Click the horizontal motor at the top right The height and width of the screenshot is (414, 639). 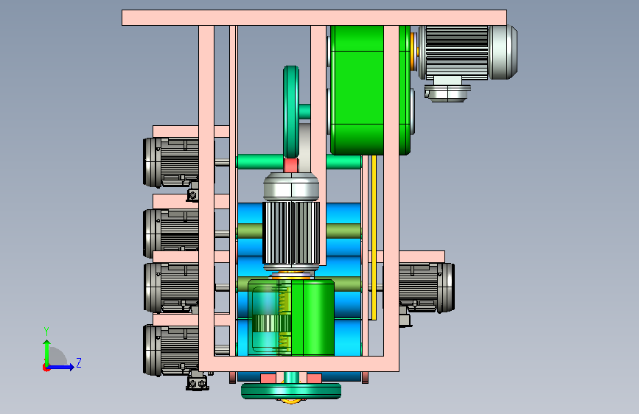click(467, 52)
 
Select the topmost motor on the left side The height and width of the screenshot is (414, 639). click(171, 162)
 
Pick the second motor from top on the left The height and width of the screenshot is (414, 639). click(171, 233)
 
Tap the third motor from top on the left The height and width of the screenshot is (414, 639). click(171, 288)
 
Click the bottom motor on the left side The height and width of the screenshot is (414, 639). click(171, 351)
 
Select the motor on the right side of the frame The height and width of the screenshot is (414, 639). click(427, 288)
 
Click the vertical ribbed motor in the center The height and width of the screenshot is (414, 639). click(291, 222)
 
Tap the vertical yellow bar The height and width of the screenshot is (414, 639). click(374, 237)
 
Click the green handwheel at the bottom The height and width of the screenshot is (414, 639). click(291, 390)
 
